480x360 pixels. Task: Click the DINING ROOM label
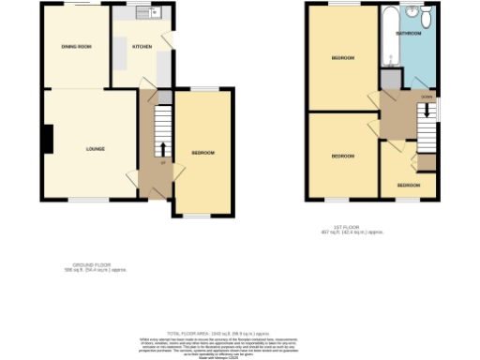[76, 46]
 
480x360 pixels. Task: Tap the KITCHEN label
[142, 46]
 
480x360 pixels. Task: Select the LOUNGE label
[95, 149]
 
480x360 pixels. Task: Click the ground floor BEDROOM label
[203, 153]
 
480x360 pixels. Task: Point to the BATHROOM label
[408, 33]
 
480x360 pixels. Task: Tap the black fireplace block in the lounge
[47, 139]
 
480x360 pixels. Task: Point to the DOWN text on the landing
[427, 96]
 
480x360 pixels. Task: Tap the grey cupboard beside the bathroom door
[385, 80]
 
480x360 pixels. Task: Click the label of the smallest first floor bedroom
[408, 186]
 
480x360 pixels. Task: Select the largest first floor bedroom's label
[342, 58]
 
